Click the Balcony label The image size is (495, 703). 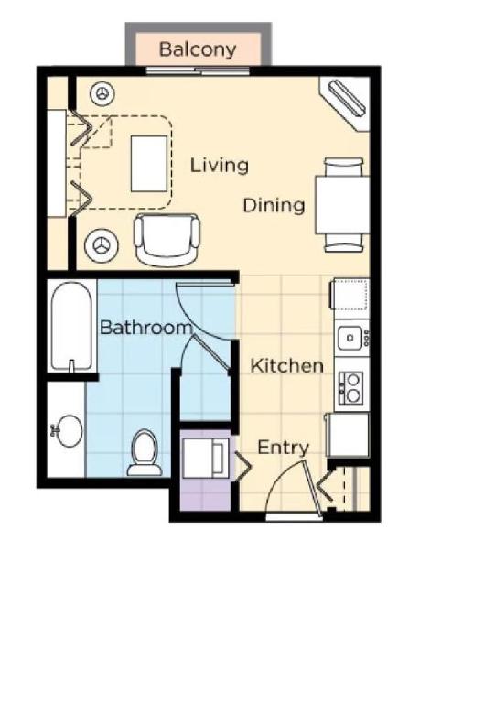click(x=198, y=49)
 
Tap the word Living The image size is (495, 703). click(x=220, y=166)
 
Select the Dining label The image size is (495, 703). click(x=274, y=205)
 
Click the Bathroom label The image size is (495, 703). click(x=145, y=328)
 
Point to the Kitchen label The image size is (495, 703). click(x=287, y=366)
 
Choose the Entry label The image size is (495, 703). click(x=283, y=448)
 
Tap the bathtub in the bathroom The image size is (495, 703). click(x=72, y=328)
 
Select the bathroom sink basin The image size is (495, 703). click(x=66, y=429)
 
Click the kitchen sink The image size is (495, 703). click(x=349, y=339)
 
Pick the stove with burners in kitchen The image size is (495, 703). click(x=350, y=388)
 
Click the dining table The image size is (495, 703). click(x=342, y=205)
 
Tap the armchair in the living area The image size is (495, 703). click(x=167, y=239)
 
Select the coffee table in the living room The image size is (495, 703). click(x=149, y=164)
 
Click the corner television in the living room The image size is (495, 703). click(x=347, y=99)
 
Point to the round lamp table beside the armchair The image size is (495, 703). click(x=102, y=244)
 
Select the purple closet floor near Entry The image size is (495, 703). click(x=205, y=494)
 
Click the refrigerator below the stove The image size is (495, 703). click(x=348, y=435)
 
